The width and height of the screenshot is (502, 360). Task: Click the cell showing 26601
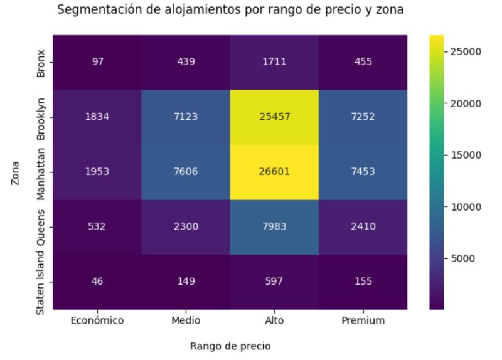pos(274,172)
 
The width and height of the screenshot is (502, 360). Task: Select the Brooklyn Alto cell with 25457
pos(274,117)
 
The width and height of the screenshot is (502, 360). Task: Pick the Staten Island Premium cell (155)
pos(363,282)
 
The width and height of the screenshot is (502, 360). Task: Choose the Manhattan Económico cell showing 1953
pos(97,172)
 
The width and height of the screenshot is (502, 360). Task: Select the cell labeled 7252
pos(363,117)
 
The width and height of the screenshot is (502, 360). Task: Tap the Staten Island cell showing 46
pos(97,282)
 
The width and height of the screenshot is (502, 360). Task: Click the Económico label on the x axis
pos(97,320)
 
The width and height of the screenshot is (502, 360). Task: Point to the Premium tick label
pos(363,320)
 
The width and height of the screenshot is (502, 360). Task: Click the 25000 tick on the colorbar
pos(466,51)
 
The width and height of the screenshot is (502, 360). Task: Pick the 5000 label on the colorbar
pos(464,258)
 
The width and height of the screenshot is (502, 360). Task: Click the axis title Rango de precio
pos(230,345)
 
